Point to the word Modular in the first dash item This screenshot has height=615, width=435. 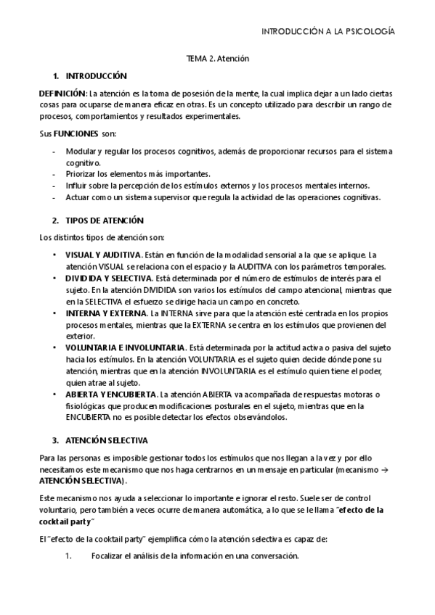pyautogui.click(x=79, y=151)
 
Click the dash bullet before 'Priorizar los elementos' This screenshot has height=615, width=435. pyautogui.click(x=55, y=174)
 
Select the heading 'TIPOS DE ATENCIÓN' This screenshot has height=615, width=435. pyautogui.click(x=105, y=220)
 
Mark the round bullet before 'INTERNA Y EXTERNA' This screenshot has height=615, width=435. pyautogui.click(x=54, y=313)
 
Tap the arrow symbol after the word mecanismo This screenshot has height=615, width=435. pyautogui.click(x=386, y=470)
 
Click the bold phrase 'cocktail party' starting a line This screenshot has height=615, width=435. pyautogui.click(x=65, y=522)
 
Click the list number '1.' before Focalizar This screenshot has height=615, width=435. pyautogui.click(x=68, y=556)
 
